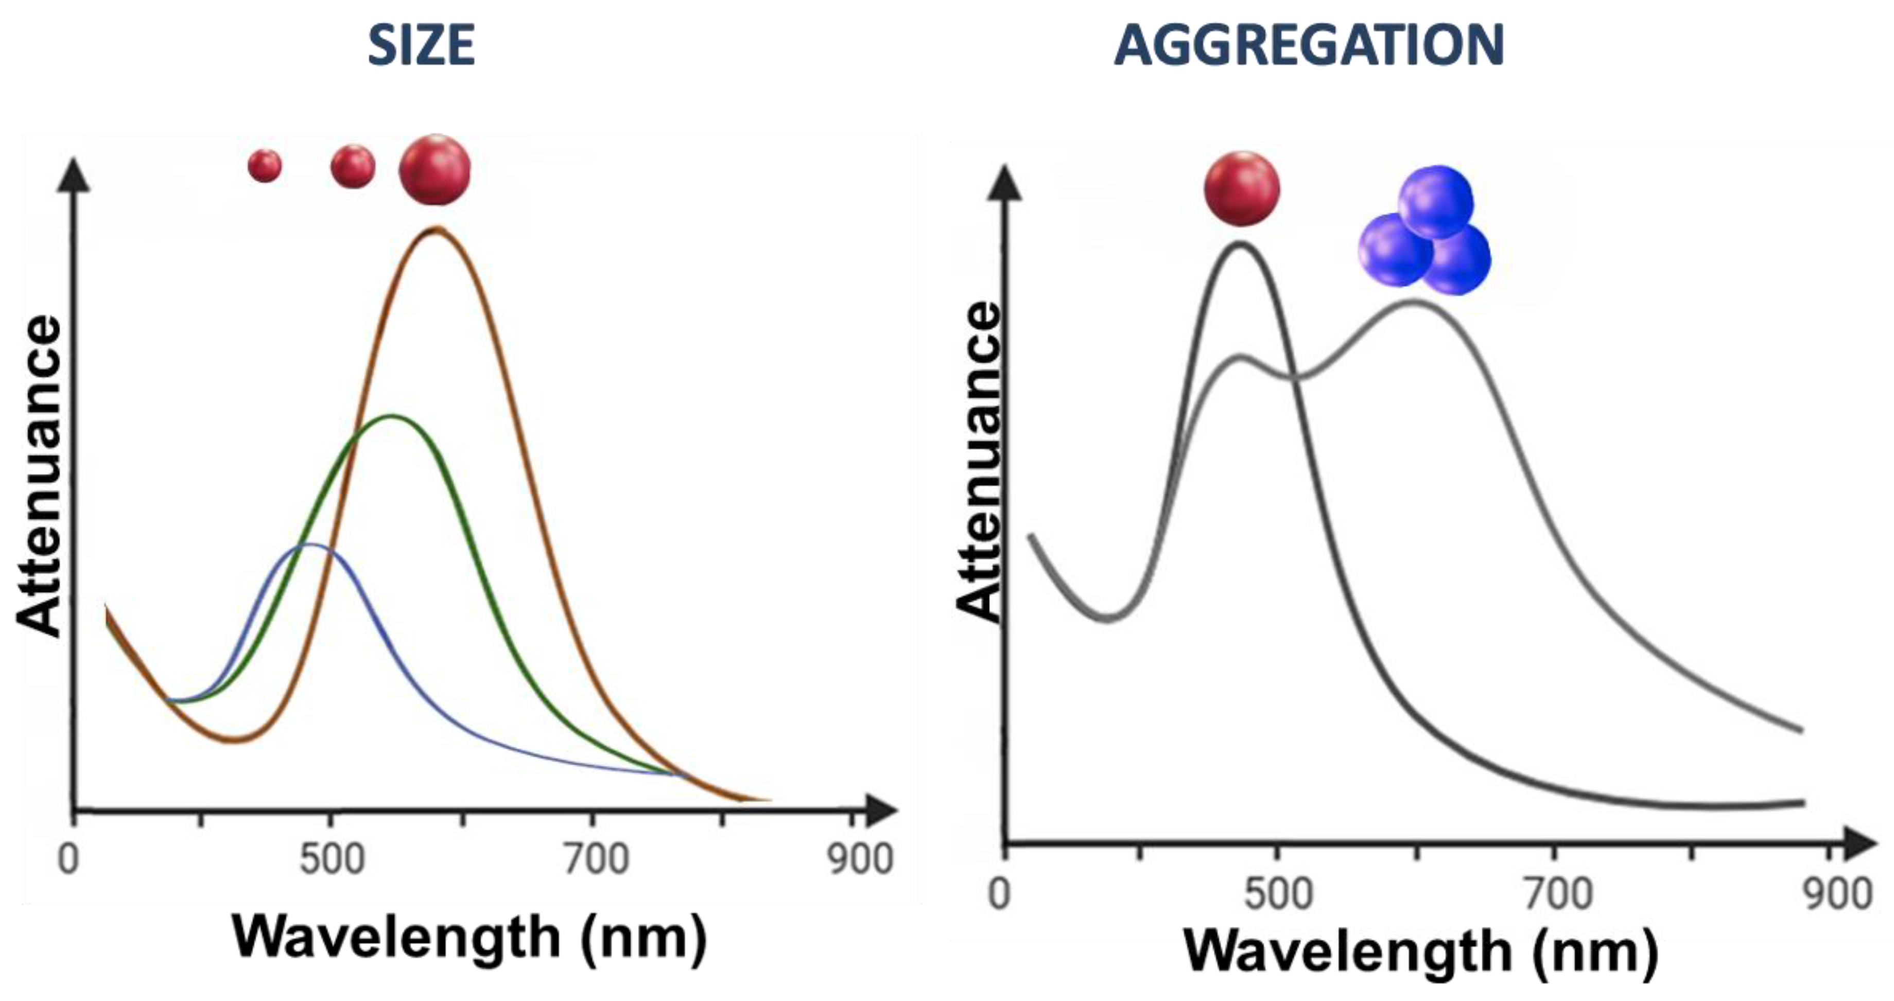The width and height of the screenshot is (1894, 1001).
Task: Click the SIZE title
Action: coord(421,46)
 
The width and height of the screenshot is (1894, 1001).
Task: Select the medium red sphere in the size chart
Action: coord(353,167)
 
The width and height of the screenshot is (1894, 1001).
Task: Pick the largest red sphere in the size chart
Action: coord(435,170)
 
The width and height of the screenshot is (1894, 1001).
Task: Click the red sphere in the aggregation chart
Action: coord(1242,189)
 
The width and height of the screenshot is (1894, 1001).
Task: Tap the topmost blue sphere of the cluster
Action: coord(1435,202)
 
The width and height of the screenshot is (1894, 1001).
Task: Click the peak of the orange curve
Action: coord(436,230)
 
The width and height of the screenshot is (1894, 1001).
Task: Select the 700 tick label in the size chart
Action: coord(596,859)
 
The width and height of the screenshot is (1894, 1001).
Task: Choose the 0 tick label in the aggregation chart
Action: coord(999,894)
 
